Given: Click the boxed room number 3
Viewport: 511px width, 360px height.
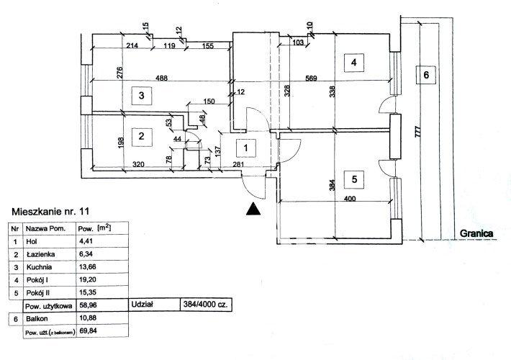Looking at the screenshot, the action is [142, 96].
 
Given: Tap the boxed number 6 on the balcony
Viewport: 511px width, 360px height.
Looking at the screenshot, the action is [426, 75].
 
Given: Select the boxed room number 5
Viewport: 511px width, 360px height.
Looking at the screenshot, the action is [354, 179].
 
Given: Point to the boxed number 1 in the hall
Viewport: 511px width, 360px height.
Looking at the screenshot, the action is [245, 148].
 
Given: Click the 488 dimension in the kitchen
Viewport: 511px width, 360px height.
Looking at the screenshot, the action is [162, 78].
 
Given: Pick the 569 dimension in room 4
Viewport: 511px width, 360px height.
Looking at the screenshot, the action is [311, 78].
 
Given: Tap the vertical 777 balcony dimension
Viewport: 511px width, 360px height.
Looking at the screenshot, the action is [418, 132].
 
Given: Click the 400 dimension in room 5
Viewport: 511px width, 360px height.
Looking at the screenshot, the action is [350, 198].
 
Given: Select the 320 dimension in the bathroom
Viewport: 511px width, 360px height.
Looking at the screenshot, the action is [138, 164].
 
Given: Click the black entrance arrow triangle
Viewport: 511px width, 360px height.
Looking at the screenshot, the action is [253, 209].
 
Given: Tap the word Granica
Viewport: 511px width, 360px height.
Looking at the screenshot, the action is [476, 233].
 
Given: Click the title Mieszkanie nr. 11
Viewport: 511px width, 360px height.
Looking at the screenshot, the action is [50, 211].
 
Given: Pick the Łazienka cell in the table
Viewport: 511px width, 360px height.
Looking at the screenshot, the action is [49, 254].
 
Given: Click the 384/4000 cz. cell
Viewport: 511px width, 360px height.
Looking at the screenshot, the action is [206, 305].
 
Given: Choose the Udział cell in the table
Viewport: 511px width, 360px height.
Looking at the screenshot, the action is [154, 305].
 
